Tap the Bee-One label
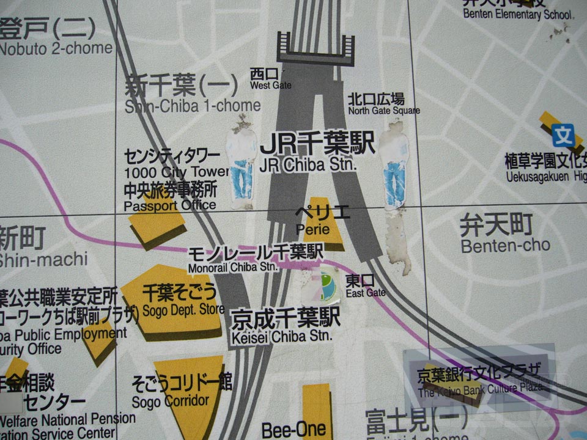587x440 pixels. (x=293, y=430)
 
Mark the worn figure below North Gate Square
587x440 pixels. (x=394, y=165)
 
